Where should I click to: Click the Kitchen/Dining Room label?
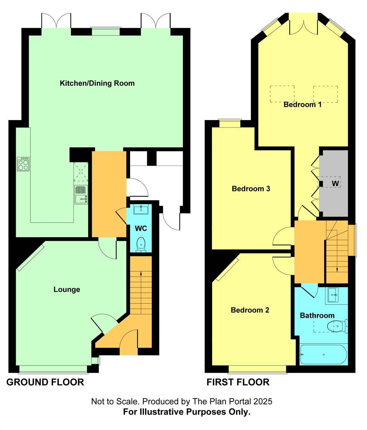[x=97, y=83]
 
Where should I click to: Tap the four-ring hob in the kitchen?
[x=23, y=164]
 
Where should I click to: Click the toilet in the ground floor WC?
[x=142, y=244]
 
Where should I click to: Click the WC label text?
[x=141, y=228]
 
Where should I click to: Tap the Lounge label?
[x=67, y=290]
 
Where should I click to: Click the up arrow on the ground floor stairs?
[x=140, y=274]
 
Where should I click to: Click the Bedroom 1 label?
[x=302, y=105]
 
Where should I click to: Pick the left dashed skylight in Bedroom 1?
[x=282, y=94]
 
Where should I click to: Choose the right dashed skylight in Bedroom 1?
[x=325, y=94]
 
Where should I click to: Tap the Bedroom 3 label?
[x=251, y=189]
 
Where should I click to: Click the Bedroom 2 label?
[x=249, y=310]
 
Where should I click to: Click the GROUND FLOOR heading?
[x=45, y=382]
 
